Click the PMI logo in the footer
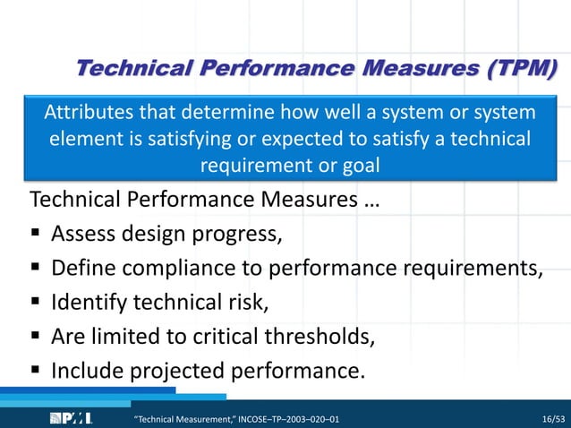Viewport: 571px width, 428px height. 70,417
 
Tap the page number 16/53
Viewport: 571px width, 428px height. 554,418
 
